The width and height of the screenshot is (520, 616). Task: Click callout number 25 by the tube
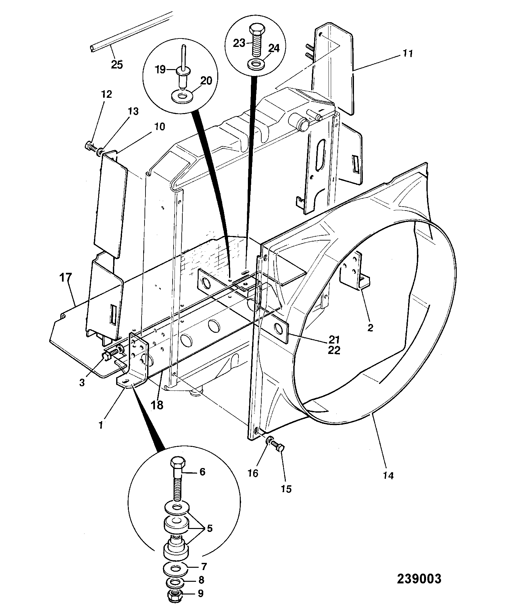click(117, 65)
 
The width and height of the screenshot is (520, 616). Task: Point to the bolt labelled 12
click(91, 147)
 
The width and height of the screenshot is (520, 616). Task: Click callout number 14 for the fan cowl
click(389, 475)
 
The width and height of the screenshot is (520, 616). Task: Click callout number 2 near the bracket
click(370, 328)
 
